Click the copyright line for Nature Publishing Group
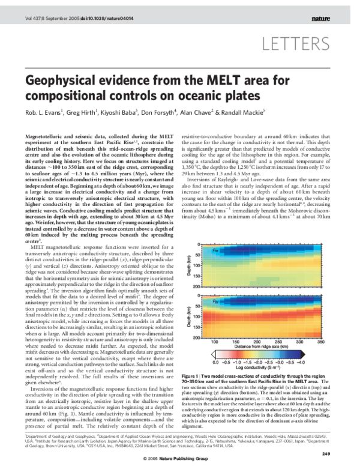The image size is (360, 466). coord(180,459)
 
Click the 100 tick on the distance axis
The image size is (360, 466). coord(214,340)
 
